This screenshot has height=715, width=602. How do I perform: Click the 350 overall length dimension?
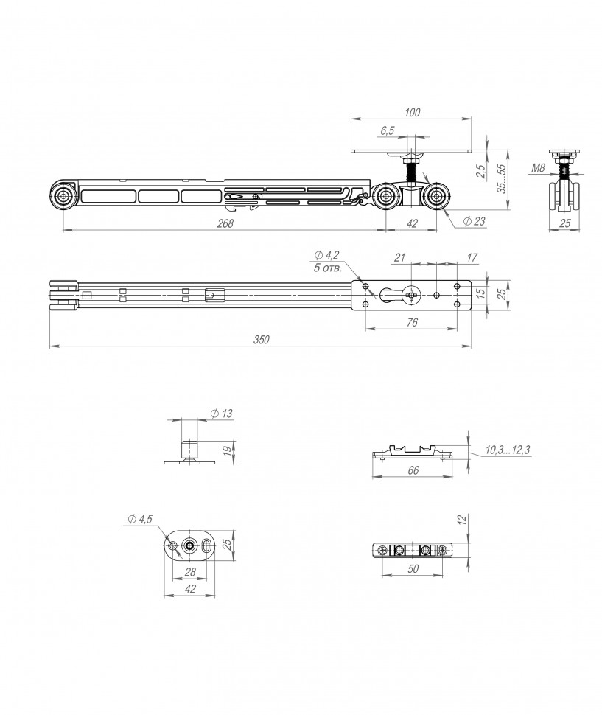point(262,340)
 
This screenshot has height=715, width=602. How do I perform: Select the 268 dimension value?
point(225,223)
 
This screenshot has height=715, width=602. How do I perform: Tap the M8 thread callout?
point(538,168)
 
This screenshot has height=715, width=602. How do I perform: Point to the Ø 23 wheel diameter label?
point(475,222)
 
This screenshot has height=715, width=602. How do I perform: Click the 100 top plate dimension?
point(412,112)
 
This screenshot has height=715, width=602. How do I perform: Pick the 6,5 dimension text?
point(387,131)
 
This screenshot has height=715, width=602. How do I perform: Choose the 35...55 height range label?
point(501,178)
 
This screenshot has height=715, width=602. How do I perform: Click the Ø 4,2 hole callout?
point(326,255)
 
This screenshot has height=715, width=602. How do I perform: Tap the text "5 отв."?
point(327,268)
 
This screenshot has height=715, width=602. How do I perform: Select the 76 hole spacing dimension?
point(411,322)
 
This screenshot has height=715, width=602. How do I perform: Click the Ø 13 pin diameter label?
point(222,414)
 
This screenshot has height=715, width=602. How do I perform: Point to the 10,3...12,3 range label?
point(507,450)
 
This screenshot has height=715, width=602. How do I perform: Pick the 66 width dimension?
point(413,470)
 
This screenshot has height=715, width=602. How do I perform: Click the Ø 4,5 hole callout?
point(140,519)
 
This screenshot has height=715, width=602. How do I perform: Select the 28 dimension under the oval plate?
point(190,572)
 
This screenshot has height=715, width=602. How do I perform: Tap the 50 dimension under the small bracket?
point(413,568)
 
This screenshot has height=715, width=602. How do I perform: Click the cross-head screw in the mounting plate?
point(411,296)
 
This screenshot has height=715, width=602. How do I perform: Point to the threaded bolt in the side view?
point(413,172)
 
